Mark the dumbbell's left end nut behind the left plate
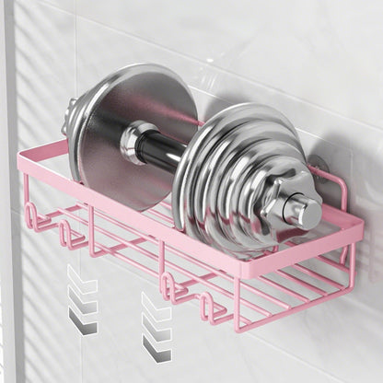click(x=70, y=116)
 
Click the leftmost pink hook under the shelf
click(x=32, y=217)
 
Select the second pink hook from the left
click(x=71, y=236)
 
